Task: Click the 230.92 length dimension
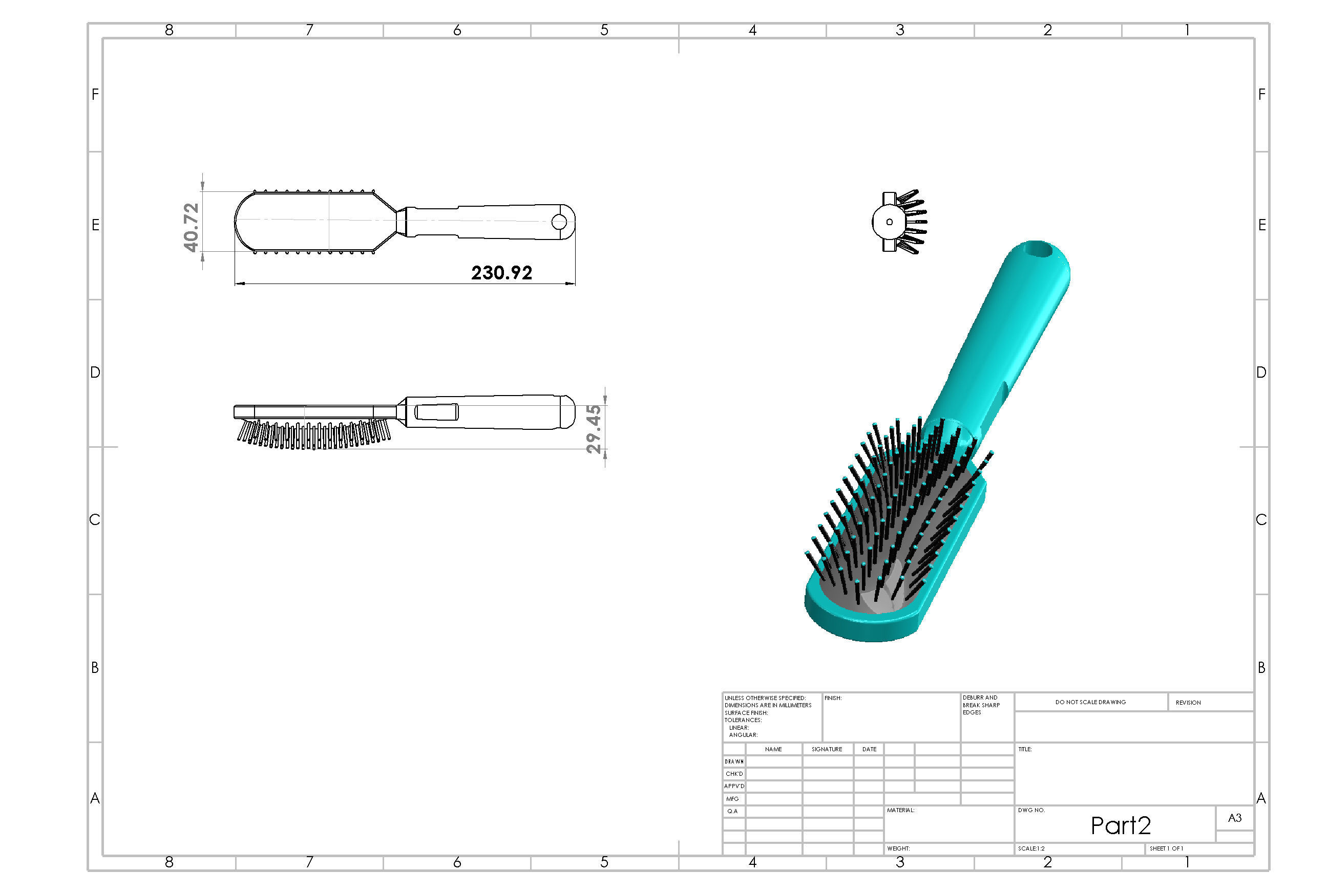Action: tap(501, 273)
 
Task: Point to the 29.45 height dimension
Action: tap(594, 428)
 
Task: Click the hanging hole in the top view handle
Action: tap(559, 222)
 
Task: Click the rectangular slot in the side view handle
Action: tap(436, 411)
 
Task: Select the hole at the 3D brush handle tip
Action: tap(1037, 249)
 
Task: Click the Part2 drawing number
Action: tap(1121, 825)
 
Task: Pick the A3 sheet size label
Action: tap(1234, 818)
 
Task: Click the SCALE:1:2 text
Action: tap(1031, 848)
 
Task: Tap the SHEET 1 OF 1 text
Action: tap(1166, 848)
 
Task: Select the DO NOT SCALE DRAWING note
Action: tap(1090, 702)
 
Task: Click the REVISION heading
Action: tap(1188, 703)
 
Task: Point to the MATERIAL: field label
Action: tap(900, 810)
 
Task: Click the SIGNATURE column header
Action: tap(827, 749)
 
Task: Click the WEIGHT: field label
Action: tap(898, 848)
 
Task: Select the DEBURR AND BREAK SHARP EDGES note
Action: tap(981, 705)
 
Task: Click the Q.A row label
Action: tap(732, 811)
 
